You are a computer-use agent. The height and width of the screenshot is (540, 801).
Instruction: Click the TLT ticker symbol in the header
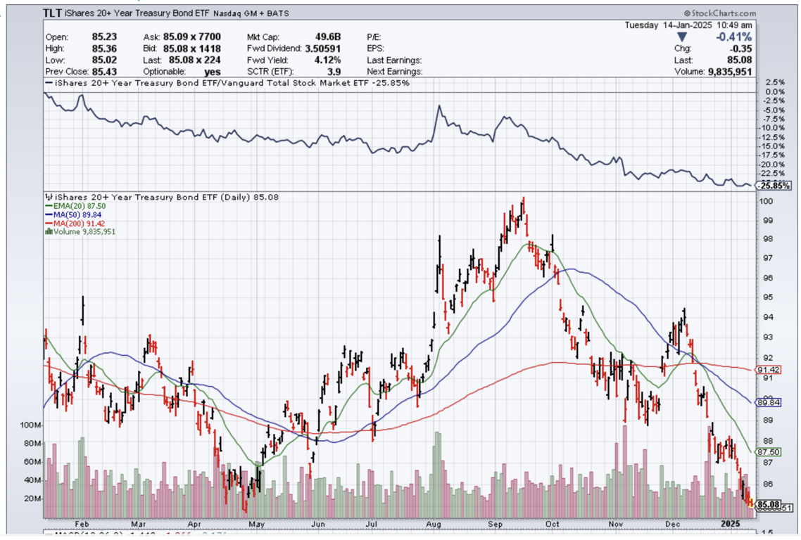coord(53,13)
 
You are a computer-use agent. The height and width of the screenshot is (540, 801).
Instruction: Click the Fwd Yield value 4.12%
coord(328,60)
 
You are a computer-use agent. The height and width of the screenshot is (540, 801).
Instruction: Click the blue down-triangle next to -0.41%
coord(681,37)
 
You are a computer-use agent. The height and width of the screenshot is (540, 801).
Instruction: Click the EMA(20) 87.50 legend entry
coord(73,206)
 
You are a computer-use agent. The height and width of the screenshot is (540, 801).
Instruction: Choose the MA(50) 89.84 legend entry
coord(73,214)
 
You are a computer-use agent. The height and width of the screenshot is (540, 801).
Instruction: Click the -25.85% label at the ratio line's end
coord(771,186)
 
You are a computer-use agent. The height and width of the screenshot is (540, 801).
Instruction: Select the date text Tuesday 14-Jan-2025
coord(669,25)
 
